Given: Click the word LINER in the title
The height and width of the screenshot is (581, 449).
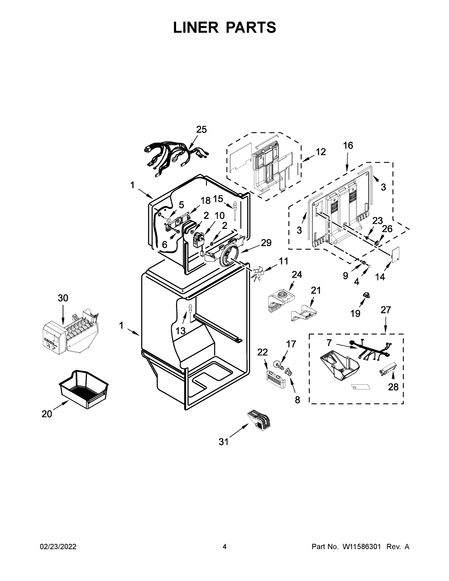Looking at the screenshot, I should pyautogui.click(x=196, y=27).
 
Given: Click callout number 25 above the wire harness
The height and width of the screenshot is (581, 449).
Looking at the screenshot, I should pyautogui.click(x=201, y=130).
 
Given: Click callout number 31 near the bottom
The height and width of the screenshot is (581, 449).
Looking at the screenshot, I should pyautogui.click(x=223, y=442).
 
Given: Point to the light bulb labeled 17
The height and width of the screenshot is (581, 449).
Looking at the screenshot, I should pyautogui.click(x=278, y=363).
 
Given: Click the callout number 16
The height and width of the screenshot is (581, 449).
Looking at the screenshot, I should pyautogui.click(x=348, y=145).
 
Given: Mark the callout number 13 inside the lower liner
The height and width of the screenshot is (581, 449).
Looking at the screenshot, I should pyautogui.click(x=180, y=331).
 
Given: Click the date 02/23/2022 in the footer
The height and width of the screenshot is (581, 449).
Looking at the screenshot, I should pyautogui.click(x=58, y=547).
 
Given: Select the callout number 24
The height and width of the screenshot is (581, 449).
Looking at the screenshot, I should pyautogui.click(x=297, y=275).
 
